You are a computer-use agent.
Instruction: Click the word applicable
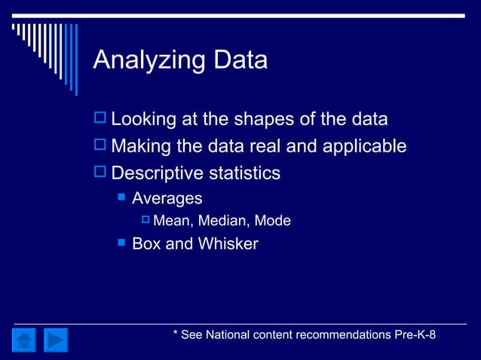point(364,146)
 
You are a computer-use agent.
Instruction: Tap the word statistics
point(243,173)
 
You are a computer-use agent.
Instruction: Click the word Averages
point(167,199)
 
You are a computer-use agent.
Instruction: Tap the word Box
point(146,244)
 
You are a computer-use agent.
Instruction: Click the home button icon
point(25,340)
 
